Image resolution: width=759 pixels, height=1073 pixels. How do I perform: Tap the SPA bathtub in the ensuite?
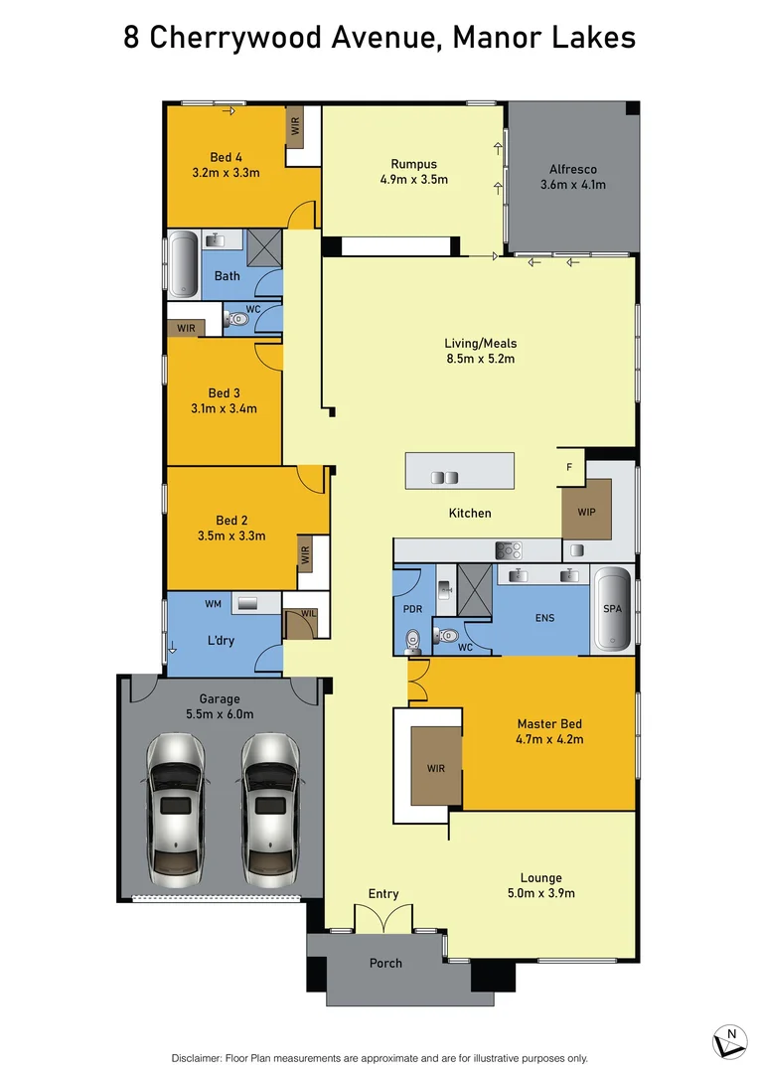point(612,609)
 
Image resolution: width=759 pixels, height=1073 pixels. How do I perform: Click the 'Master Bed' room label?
point(548,724)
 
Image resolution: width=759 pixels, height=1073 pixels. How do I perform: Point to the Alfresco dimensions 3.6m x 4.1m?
point(572,185)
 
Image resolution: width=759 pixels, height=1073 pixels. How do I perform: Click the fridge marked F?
point(569,467)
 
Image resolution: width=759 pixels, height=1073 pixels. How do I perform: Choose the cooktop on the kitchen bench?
point(509,548)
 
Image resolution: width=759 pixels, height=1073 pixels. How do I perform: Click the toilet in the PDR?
point(414,639)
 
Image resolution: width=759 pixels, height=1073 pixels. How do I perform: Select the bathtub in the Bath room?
point(183,264)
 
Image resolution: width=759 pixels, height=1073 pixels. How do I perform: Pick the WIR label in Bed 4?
point(295,127)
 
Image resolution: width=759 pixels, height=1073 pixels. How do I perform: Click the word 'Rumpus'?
point(413,165)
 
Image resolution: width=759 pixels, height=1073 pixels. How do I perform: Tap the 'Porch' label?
point(385,963)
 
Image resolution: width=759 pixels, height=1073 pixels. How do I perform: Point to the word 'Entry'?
point(383,894)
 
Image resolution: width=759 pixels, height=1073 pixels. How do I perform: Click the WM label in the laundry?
point(213,603)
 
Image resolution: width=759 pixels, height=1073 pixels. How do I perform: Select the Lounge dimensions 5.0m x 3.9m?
point(540,893)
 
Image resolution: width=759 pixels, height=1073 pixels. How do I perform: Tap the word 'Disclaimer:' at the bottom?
point(202,1058)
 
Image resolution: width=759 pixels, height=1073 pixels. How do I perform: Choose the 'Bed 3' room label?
point(225,393)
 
